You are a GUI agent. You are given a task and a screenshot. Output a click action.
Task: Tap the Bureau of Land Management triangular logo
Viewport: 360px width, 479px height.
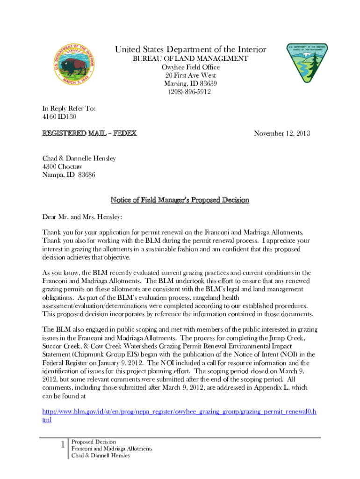coord(307,64)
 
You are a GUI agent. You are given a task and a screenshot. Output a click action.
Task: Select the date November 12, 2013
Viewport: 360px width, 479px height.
coord(282,134)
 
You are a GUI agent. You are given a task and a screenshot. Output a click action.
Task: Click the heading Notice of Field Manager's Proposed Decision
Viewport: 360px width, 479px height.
coord(180,200)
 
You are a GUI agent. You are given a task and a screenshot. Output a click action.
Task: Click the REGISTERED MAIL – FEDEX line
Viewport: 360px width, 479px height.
coord(89,133)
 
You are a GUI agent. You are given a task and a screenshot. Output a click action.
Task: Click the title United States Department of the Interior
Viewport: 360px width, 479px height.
coord(190,50)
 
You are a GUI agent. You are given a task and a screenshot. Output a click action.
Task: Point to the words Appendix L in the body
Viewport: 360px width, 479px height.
coord(266,387)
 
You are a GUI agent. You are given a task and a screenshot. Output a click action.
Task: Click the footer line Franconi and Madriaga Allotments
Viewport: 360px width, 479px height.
coord(111,449)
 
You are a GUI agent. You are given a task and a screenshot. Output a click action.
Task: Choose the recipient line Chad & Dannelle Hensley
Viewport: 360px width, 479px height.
coord(79,159)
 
